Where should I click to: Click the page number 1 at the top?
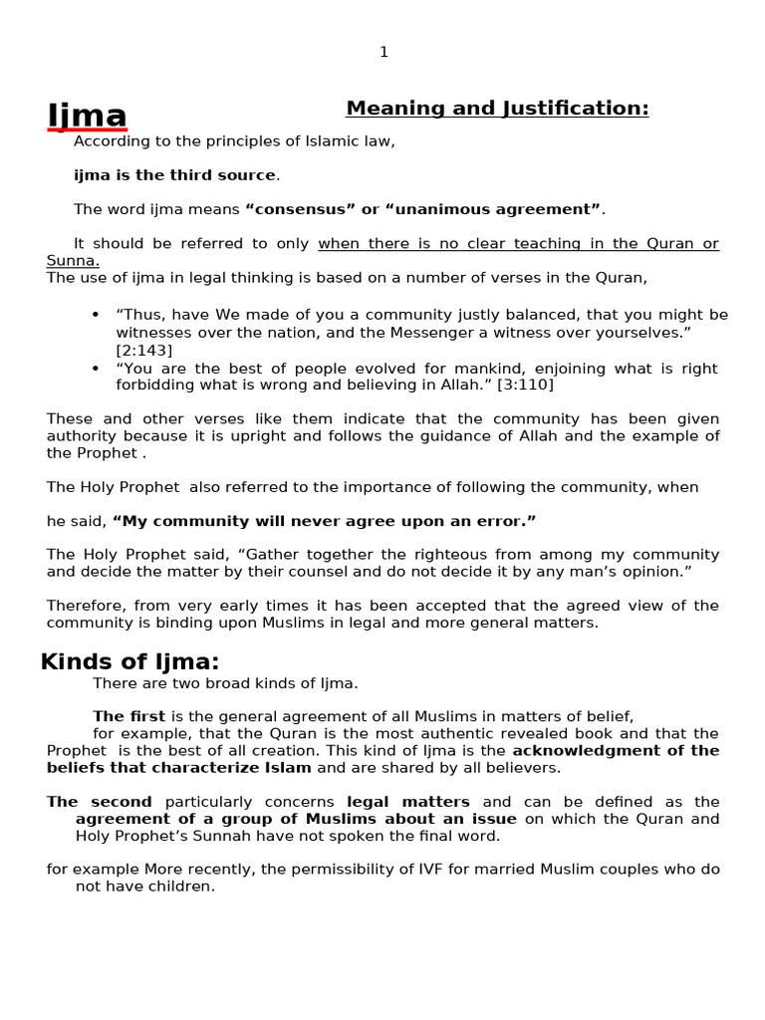(x=383, y=53)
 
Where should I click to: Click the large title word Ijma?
(x=87, y=116)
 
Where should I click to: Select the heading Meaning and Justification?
(x=497, y=109)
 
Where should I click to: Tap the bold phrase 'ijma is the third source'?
(x=174, y=175)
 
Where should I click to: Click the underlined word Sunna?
(x=72, y=261)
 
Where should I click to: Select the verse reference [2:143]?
(x=143, y=350)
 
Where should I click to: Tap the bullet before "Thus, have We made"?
(x=96, y=315)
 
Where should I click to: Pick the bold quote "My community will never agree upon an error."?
(x=325, y=521)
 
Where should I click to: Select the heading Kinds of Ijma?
(x=129, y=662)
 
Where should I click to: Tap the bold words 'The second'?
(x=99, y=802)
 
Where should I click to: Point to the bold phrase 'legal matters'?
(x=408, y=802)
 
